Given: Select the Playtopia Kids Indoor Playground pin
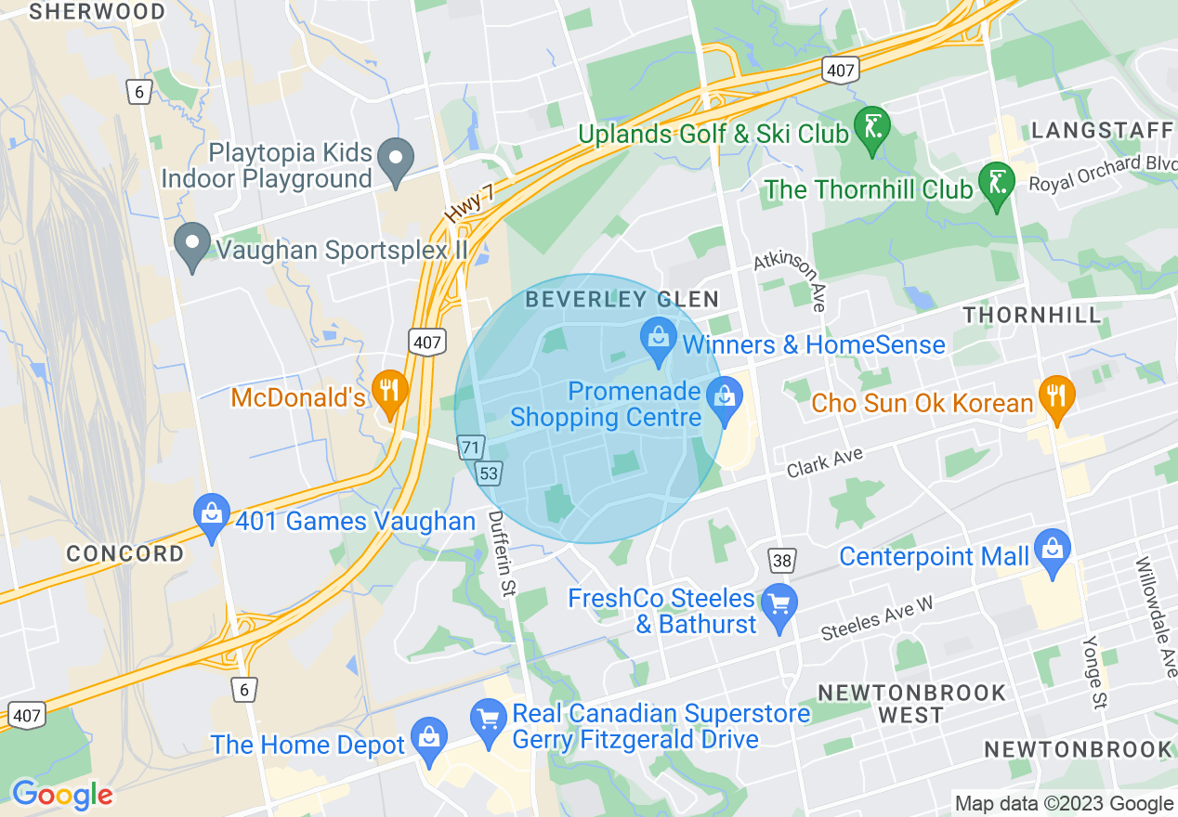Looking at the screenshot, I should pyautogui.click(x=398, y=161).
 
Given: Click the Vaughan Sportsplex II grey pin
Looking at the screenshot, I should pyautogui.click(x=192, y=246).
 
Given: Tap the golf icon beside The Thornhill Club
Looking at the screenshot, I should pyautogui.click(x=997, y=184).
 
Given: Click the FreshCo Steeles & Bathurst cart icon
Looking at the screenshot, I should pyautogui.click(x=779, y=604).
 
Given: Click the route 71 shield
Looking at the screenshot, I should pyautogui.click(x=472, y=448).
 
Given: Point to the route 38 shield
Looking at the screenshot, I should pyautogui.click(x=782, y=560).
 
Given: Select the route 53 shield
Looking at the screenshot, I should pyautogui.click(x=489, y=474).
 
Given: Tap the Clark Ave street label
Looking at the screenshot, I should pyautogui.click(x=825, y=461).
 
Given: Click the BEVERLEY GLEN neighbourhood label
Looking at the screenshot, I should pyautogui.click(x=622, y=299).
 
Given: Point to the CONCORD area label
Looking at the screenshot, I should pyautogui.click(x=124, y=554).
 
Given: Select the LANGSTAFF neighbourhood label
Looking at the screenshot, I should pyautogui.click(x=1102, y=130).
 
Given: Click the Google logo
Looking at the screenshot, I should pyautogui.click(x=61, y=794).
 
